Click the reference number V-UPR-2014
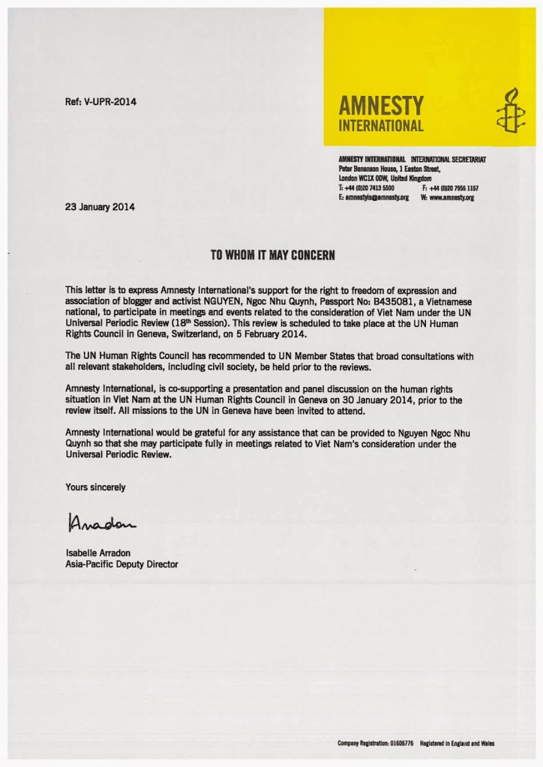(100, 101)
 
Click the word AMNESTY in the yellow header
(381, 104)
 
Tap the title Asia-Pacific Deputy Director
(121, 564)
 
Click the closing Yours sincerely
(95, 487)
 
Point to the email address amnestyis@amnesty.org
(373, 196)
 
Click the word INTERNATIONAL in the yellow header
(381, 125)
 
